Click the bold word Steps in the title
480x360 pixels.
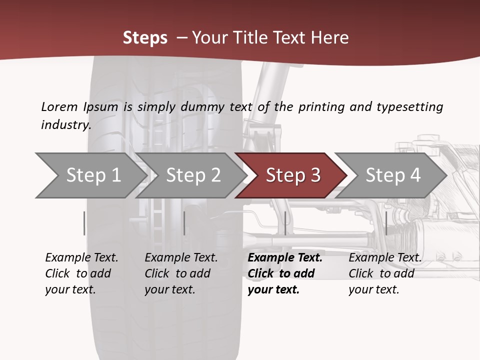click(145, 38)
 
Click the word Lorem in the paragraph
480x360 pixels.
click(59, 107)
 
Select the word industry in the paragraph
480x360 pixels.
click(65, 125)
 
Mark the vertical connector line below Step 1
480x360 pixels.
click(84, 223)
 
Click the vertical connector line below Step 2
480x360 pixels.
click(184, 223)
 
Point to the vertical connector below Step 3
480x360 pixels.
click(285, 223)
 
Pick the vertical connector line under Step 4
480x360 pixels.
click(386, 223)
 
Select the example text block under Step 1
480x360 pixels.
click(81, 273)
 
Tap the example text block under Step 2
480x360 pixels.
click(181, 273)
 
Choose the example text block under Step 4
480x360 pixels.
click(385, 273)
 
